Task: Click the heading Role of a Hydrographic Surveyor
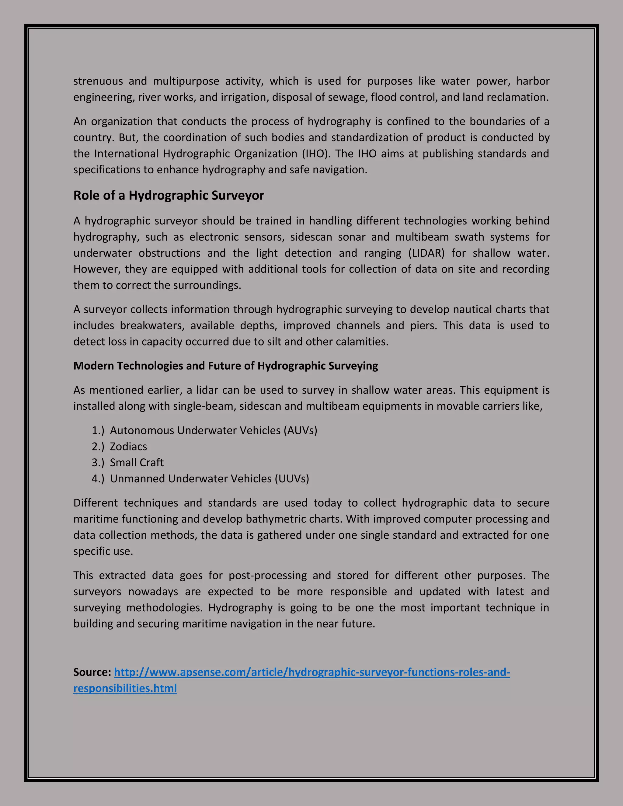click(x=169, y=195)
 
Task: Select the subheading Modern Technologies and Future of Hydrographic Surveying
click(x=225, y=366)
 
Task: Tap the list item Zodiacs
click(x=128, y=446)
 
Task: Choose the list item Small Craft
click(x=137, y=462)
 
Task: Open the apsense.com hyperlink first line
click(x=312, y=672)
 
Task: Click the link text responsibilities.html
click(x=125, y=688)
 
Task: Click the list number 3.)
click(x=98, y=462)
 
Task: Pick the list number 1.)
click(x=98, y=430)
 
